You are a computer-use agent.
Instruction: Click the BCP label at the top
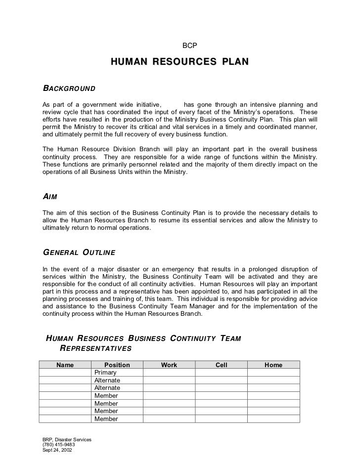click(x=190, y=45)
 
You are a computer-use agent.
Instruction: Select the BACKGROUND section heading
click(x=69, y=88)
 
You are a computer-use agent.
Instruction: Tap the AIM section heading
click(x=50, y=196)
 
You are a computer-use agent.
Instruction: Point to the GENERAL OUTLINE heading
click(x=79, y=253)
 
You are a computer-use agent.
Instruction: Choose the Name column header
click(x=65, y=365)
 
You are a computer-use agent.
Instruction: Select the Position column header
click(x=117, y=365)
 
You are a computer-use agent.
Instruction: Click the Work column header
click(x=169, y=365)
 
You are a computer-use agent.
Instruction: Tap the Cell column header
click(x=221, y=365)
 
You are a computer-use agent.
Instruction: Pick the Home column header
click(x=273, y=365)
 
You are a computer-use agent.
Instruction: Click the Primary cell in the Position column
click(x=105, y=373)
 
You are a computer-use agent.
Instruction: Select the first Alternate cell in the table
click(x=107, y=381)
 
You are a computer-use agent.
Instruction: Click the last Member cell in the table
click(x=106, y=419)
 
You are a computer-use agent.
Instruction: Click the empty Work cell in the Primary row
click(x=169, y=373)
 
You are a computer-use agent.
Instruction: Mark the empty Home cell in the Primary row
click(x=273, y=373)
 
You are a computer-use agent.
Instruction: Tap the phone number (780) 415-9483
click(x=59, y=445)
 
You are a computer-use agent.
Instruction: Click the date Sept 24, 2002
click(x=57, y=451)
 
